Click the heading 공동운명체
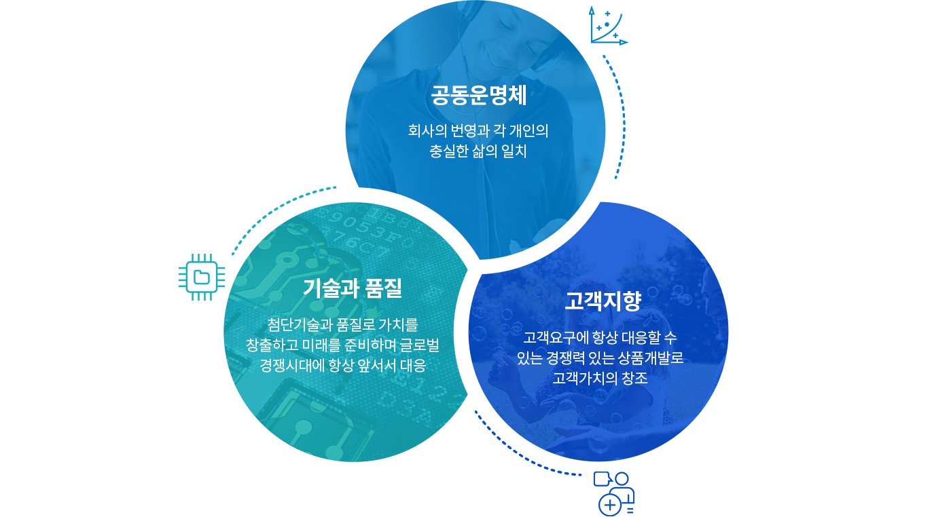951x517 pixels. pyautogui.click(x=479, y=96)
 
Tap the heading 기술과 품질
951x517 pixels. pyautogui.click(x=353, y=288)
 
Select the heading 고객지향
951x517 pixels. pyautogui.click(x=603, y=301)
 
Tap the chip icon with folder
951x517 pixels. pyautogui.click(x=202, y=277)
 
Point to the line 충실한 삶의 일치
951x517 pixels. pyautogui.click(x=478, y=151)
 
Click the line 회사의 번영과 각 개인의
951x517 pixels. pyautogui.click(x=478, y=130)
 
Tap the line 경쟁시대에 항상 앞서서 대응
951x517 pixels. pyautogui.click(x=343, y=366)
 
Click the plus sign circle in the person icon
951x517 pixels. pyautogui.click(x=610, y=505)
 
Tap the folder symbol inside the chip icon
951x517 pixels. pyautogui.click(x=202, y=277)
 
